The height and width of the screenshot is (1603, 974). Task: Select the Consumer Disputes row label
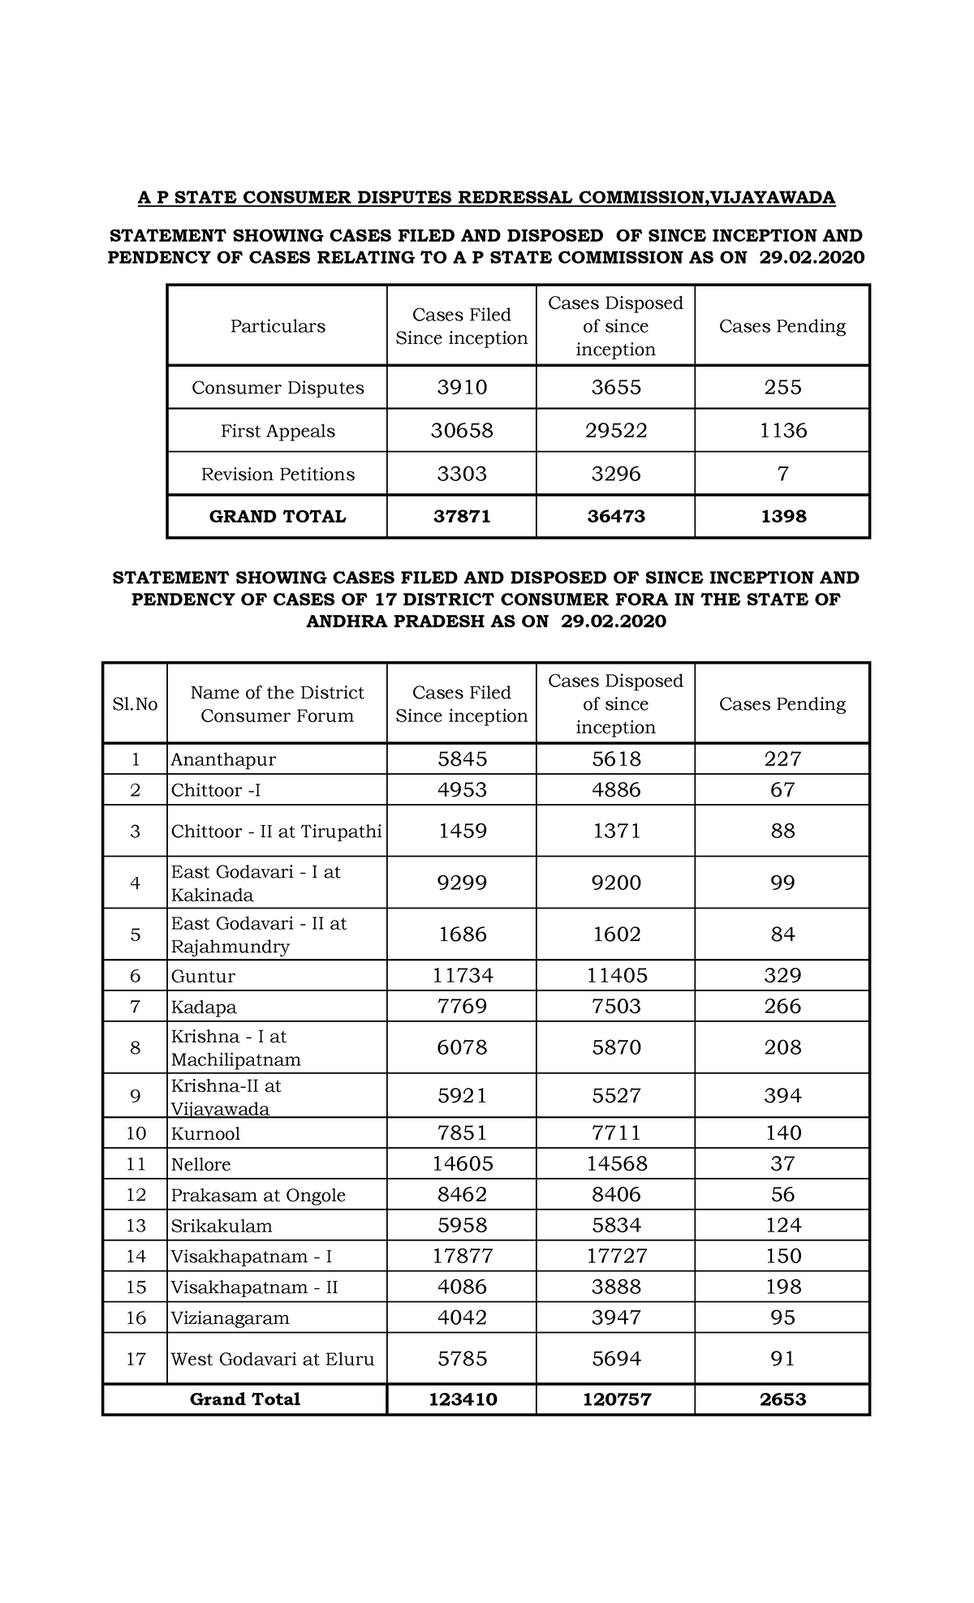point(278,388)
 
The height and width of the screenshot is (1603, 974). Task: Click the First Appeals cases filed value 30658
point(462,431)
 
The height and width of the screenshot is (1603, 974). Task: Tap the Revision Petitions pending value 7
point(782,474)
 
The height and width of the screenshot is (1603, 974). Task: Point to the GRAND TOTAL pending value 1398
point(783,517)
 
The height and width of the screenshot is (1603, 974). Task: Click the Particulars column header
point(278,326)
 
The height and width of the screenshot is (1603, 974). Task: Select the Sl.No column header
point(135,704)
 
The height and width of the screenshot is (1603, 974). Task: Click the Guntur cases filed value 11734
point(462,976)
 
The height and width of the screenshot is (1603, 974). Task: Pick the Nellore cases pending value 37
point(782,1164)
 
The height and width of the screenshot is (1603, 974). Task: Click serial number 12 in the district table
point(136,1195)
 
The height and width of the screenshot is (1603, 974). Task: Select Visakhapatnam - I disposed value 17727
point(616,1257)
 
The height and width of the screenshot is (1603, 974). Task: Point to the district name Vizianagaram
point(230,1318)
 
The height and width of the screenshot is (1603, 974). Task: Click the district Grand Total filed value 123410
point(462,1399)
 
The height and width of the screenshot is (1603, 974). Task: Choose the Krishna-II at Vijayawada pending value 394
point(782,1096)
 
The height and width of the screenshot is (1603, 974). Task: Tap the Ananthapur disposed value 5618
point(616,759)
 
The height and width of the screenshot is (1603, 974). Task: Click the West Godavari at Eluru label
point(273,1359)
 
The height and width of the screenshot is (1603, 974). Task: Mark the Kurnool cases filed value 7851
point(462,1133)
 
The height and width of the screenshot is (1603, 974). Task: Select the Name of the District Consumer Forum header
point(277,704)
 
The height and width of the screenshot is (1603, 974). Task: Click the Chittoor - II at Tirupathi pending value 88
point(782,832)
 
